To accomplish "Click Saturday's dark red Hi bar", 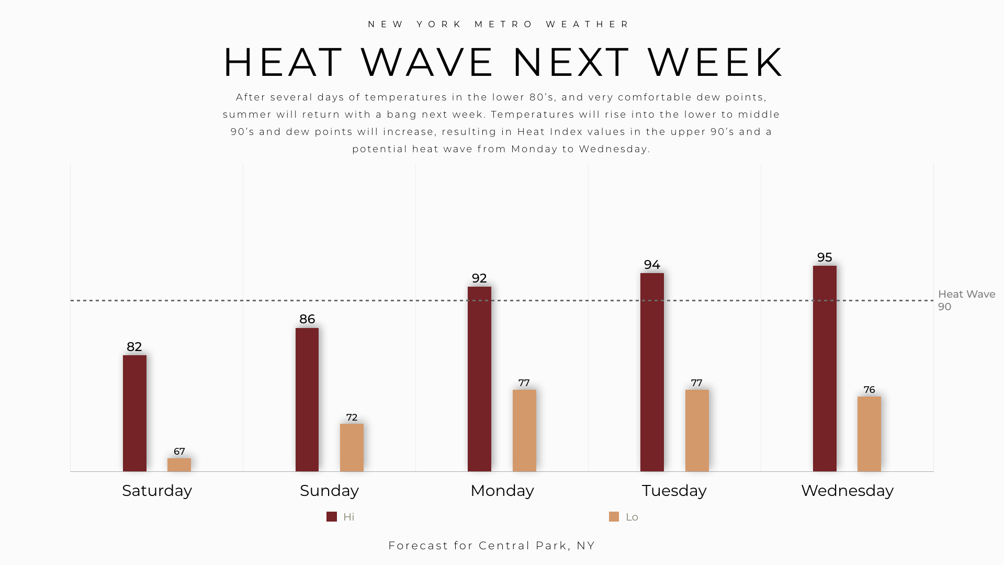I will click(x=134, y=413).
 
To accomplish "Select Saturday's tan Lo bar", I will click(x=179, y=465).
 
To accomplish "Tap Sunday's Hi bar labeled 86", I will click(x=307, y=400).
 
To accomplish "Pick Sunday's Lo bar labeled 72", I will click(x=352, y=447).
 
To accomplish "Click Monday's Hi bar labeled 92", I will click(x=479, y=379).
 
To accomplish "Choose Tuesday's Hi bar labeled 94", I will click(x=652, y=372).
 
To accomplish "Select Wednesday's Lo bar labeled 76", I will click(x=869, y=434).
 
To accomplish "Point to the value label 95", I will click(x=825, y=257).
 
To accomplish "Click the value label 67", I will click(x=179, y=451).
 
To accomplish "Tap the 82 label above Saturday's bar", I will click(x=134, y=347).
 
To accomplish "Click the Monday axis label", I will click(x=502, y=491).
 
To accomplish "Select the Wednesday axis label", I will click(x=847, y=491).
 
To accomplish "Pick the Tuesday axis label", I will click(x=674, y=491).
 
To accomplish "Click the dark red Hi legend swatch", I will click(x=332, y=517).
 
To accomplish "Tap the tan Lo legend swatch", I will click(x=614, y=517).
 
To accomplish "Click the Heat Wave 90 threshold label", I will click(x=966, y=300).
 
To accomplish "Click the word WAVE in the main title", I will click(x=427, y=63).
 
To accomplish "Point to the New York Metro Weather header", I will click(x=500, y=25).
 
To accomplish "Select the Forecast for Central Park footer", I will click(x=492, y=546).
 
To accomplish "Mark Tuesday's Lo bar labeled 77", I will click(x=697, y=431).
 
